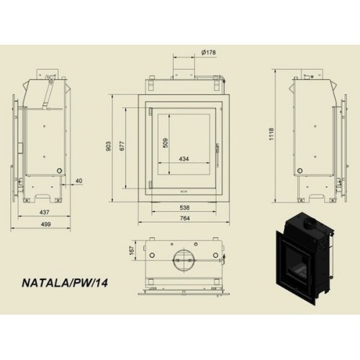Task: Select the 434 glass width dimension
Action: pyautogui.click(x=184, y=158)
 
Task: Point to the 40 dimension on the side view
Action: pyautogui.click(x=78, y=180)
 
